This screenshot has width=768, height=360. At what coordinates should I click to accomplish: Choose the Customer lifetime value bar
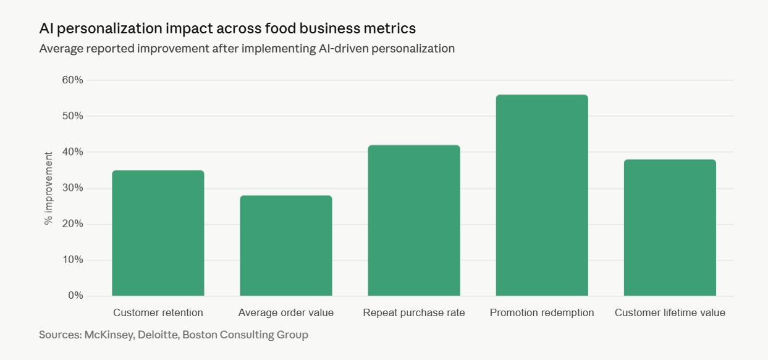[670, 228]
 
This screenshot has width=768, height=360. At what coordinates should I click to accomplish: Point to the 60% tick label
[72, 80]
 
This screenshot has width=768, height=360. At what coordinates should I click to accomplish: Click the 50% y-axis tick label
[72, 116]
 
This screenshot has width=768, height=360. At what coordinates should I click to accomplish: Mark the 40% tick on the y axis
[72, 152]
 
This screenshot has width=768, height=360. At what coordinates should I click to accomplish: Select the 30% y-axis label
[72, 188]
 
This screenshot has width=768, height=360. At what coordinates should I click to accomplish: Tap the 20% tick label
[72, 224]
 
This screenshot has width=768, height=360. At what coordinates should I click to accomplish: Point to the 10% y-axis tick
[72, 260]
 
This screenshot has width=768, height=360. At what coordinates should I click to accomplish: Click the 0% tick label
[75, 296]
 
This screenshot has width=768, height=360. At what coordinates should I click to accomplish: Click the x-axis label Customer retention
[158, 313]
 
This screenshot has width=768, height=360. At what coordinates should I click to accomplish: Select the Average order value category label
[286, 313]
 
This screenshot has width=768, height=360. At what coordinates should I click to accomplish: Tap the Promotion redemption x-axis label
[542, 313]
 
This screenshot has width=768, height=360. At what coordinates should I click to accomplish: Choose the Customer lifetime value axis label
[670, 313]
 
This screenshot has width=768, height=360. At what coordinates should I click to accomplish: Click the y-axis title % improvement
[49, 188]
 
